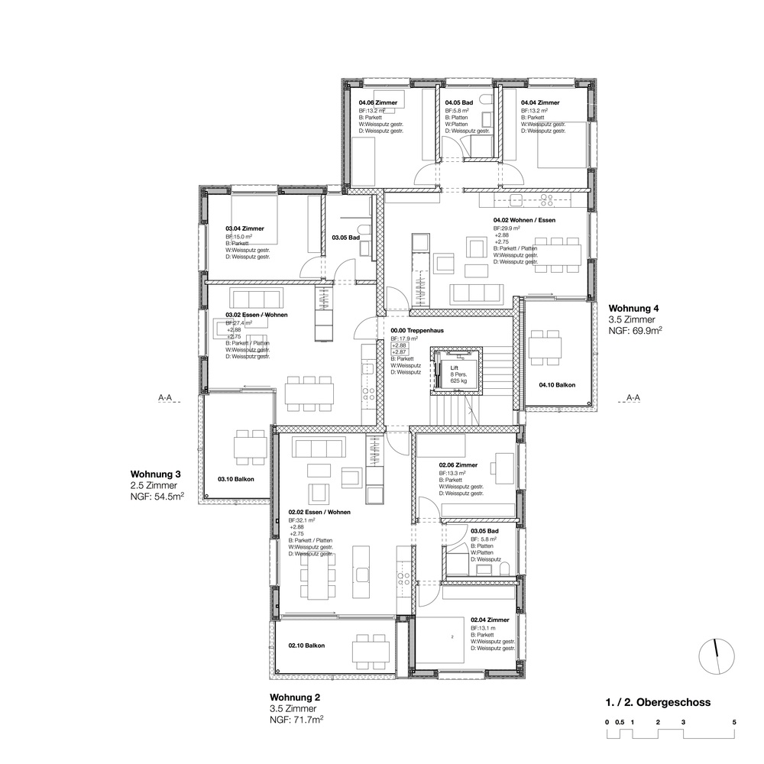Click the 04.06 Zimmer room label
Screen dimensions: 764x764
377,102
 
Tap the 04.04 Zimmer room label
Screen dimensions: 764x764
540,102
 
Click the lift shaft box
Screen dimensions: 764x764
454,371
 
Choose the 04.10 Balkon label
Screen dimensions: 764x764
556,386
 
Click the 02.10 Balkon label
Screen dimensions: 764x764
306,646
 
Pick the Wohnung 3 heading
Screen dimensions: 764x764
155,473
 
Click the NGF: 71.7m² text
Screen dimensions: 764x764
297,720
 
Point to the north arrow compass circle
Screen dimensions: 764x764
717,656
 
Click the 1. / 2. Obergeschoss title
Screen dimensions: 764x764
658,702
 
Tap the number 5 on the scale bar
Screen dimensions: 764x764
733,721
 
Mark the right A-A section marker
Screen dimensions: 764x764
633,398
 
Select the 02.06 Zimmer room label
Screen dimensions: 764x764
458,465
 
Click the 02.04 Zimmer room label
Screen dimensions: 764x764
490,620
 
